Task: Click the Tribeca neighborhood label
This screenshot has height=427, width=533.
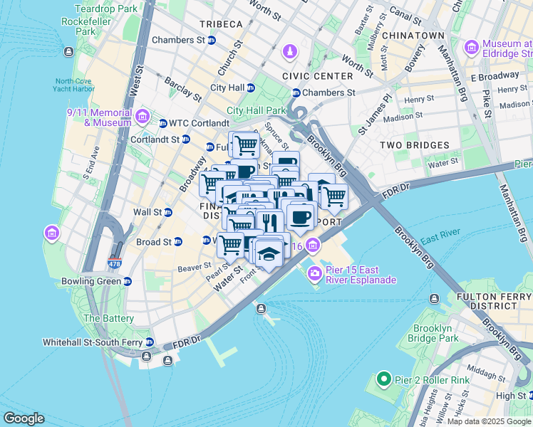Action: click(x=221, y=24)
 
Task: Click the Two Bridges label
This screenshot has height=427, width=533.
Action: click(x=415, y=145)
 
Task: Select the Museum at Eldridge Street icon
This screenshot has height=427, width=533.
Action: click(x=471, y=48)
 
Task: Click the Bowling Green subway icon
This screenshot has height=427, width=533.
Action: click(x=128, y=281)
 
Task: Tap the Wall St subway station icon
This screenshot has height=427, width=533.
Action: click(x=168, y=212)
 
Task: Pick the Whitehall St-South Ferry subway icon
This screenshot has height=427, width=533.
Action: click(x=148, y=342)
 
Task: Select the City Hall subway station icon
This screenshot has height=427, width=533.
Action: click(x=250, y=88)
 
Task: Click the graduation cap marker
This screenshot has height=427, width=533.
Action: click(x=268, y=254)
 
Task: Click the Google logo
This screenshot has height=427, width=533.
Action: click(x=24, y=418)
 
